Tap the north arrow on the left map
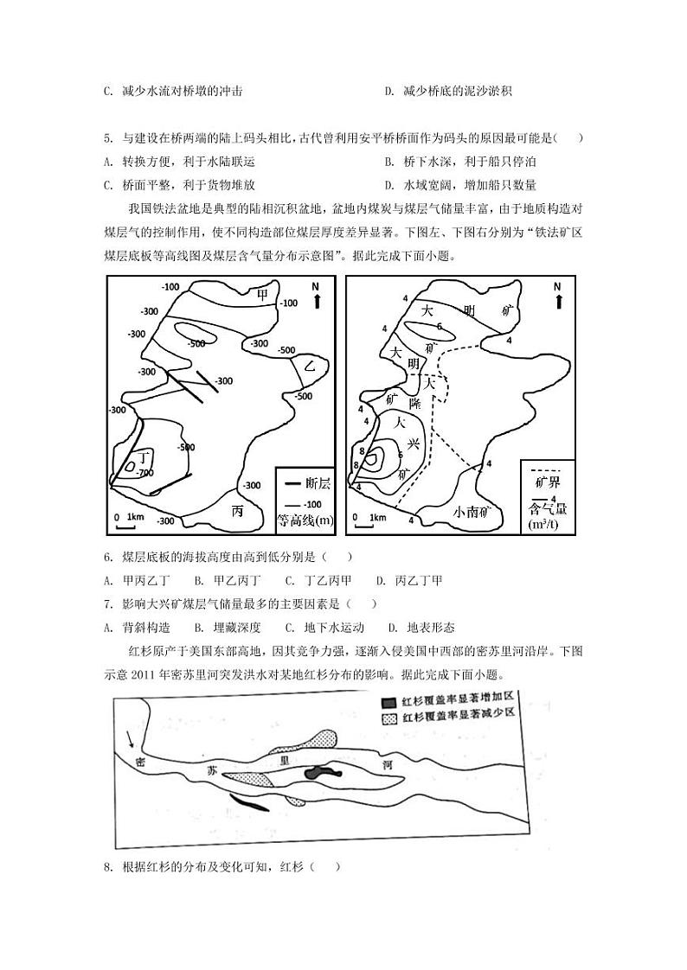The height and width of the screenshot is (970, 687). click(318, 296)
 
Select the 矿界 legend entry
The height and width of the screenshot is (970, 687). click(549, 482)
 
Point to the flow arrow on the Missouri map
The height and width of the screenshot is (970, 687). click(131, 739)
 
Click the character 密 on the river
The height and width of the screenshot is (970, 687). click(141, 762)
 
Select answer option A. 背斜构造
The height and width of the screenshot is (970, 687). click(136, 628)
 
